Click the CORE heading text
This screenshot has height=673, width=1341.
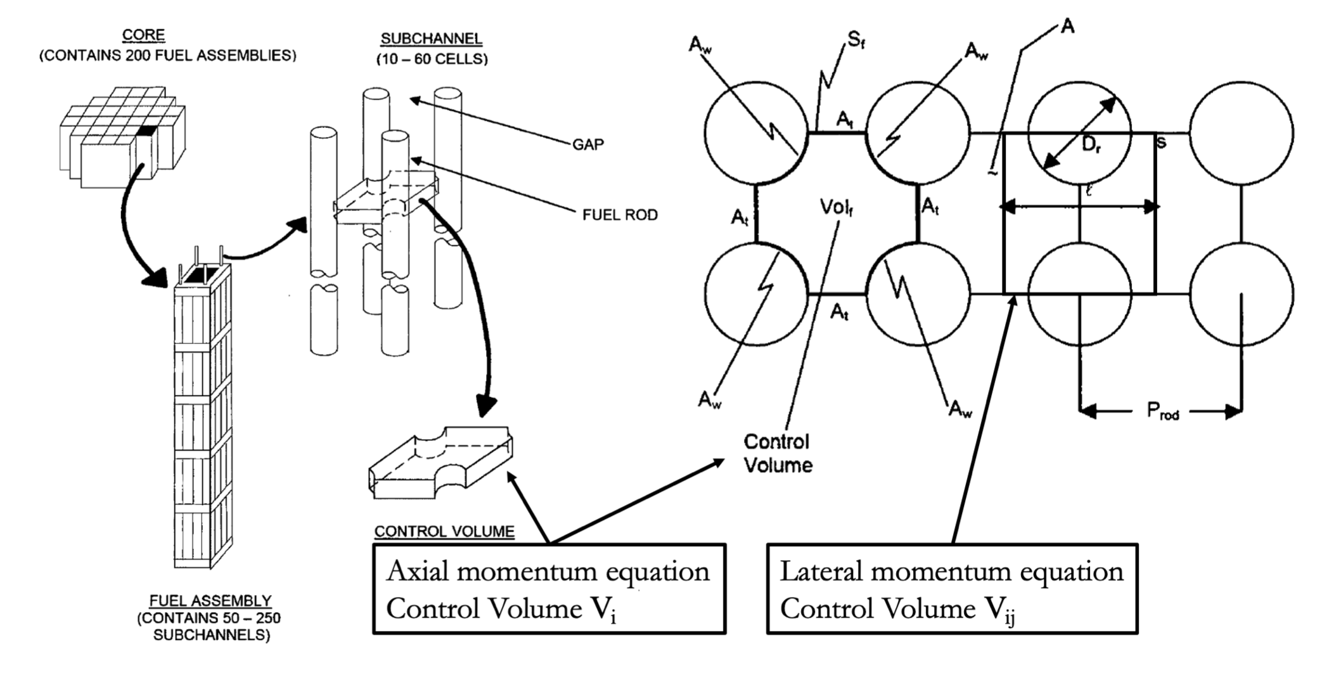click(x=144, y=35)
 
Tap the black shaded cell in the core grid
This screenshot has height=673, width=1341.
click(x=147, y=131)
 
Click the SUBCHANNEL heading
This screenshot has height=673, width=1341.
click(x=431, y=39)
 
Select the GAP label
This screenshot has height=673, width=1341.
click(x=587, y=145)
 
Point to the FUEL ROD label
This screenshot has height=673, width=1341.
click(x=620, y=215)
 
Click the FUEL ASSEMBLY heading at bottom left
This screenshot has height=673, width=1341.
click(x=210, y=600)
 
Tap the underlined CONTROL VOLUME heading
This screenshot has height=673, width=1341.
click(x=444, y=531)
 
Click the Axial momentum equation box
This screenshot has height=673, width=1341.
click(x=549, y=589)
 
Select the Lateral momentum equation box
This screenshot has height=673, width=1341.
click(x=951, y=589)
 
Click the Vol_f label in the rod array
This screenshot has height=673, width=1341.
click(x=836, y=207)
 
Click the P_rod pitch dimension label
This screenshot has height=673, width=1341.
click(x=1163, y=411)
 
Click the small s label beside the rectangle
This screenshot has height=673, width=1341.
click(x=1161, y=143)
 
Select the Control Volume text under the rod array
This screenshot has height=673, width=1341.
click(x=778, y=453)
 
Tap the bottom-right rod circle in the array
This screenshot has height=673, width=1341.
click(x=1241, y=294)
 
